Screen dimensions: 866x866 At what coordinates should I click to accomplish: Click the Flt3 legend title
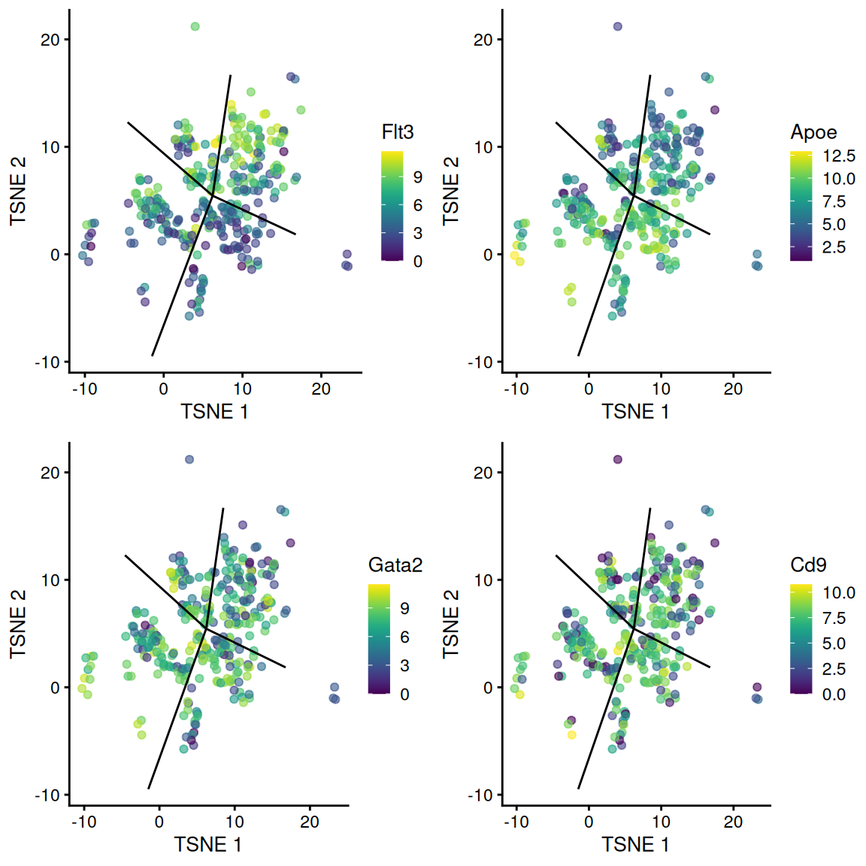(398, 132)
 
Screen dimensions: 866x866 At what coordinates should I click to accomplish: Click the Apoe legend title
(813, 133)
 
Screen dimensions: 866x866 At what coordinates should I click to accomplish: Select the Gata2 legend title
(395, 565)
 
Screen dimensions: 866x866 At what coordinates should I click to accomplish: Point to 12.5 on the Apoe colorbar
(838, 156)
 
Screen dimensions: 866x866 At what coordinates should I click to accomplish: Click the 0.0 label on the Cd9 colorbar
(834, 695)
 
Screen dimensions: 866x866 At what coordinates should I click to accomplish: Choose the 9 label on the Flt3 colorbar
(418, 177)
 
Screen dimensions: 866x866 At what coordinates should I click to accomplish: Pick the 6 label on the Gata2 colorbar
(404, 637)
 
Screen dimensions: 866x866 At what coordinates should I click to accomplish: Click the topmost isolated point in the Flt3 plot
(195, 26)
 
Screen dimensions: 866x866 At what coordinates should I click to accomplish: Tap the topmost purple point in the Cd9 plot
(617, 459)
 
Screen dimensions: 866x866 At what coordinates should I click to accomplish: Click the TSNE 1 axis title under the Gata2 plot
(208, 845)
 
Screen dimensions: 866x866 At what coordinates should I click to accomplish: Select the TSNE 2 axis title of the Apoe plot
(451, 191)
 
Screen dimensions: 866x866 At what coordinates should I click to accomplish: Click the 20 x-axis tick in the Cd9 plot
(733, 822)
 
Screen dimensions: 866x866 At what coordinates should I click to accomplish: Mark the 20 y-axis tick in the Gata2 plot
(50, 473)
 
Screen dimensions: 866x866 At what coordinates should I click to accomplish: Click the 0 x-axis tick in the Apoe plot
(589, 389)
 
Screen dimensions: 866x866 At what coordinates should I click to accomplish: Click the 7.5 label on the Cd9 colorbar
(834, 618)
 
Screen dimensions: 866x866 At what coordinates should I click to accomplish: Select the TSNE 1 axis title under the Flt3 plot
(214, 412)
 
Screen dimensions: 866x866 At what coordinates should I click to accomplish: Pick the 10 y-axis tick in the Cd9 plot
(483, 580)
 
